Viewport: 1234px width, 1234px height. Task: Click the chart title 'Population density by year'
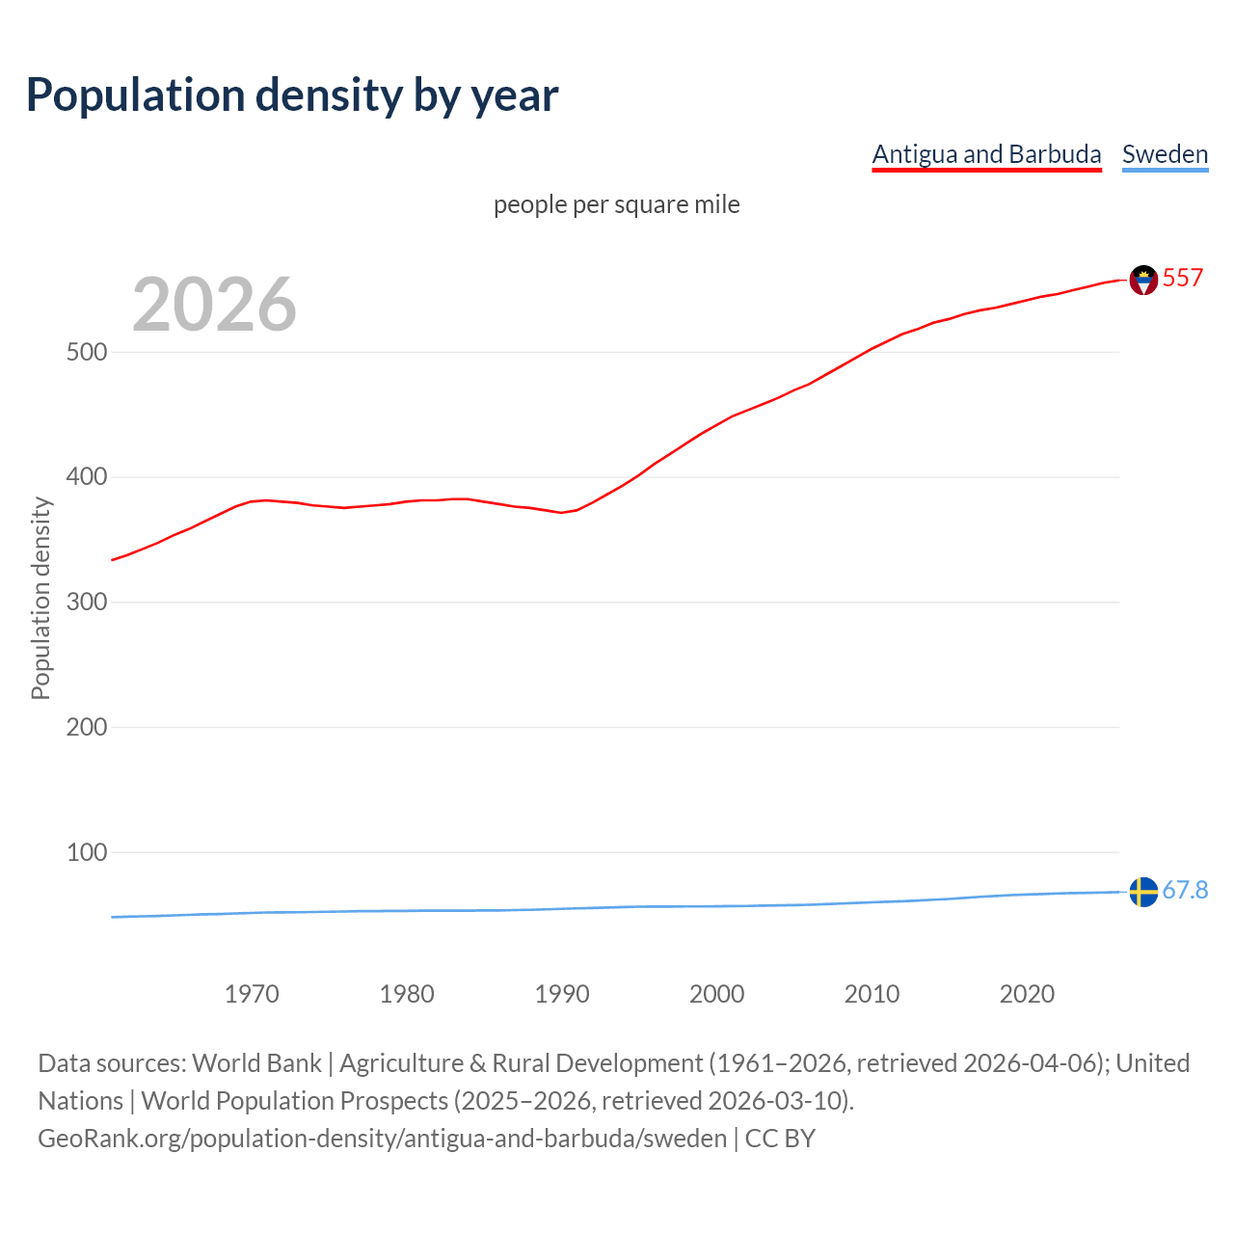pyautogui.click(x=292, y=95)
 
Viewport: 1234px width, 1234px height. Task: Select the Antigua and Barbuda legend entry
pyautogui.click(x=986, y=154)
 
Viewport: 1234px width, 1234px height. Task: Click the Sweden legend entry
pyautogui.click(x=1165, y=154)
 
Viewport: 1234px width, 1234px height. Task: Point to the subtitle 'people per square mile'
pyautogui.click(x=617, y=204)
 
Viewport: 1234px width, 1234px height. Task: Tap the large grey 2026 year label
pyautogui.click(x=214, y=305)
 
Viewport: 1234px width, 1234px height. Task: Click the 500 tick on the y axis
pyautogui.click(x=86, y=352)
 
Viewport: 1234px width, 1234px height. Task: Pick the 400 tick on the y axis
pyautogui.click(x=86, y=477)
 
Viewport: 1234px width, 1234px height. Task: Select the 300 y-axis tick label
pyautogui.click(x=86, y=603)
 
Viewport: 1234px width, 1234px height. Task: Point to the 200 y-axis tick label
pyautogui.click(x=86, y=727)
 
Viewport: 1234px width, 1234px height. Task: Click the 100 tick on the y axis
pyautogui.click(x=86, y=852)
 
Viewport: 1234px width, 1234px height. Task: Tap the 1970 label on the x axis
pyautogui.click(x=252, y=994)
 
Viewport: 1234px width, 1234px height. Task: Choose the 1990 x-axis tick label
pyautogui.click(x=562, y=994)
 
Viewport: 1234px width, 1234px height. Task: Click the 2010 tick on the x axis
pyautogui.click(x=872, y=994)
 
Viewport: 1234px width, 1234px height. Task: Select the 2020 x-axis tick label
pyautogui.click(x=1027, y=994)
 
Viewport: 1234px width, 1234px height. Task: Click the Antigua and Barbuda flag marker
pyautogui.click(x=1143, y=280)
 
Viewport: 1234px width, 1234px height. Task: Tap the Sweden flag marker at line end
pyautogui.click(x=1143, y=892)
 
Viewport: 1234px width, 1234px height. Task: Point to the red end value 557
pyautogui.click(x=1183, y=279)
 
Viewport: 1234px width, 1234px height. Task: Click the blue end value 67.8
pyautogui.click(x=1185, y=890)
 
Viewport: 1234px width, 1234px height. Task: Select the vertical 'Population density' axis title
pyautogui.click(x=40, y=598)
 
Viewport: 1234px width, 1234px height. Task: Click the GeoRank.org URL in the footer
pyautogui.click(x=382, y=1139)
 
